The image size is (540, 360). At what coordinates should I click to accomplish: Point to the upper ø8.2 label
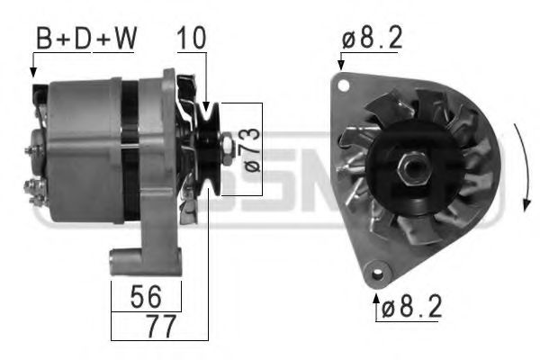point(373,40)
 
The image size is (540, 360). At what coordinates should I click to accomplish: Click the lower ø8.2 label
point(410,309)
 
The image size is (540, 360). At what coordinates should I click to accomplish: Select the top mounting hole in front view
point(342,85)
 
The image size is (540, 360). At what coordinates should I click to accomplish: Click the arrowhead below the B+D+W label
point(33,70)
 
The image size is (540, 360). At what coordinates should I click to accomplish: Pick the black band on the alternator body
point(130,148)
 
